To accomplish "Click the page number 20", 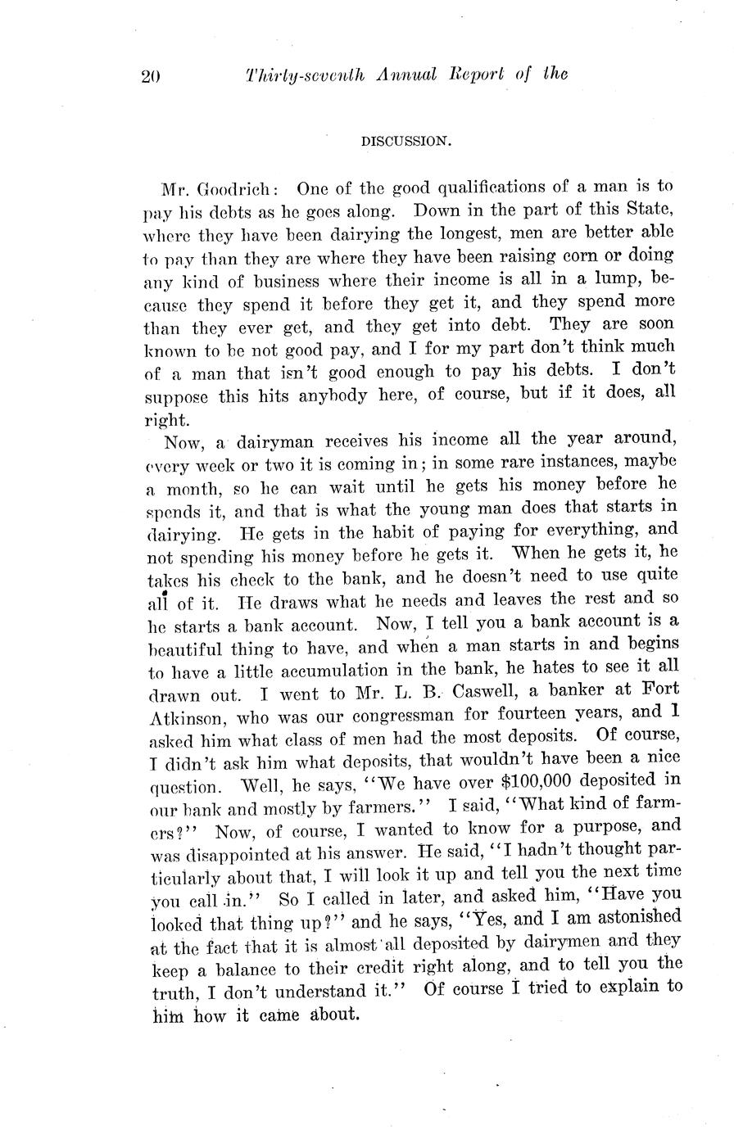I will point(152,76).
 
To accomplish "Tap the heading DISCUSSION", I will point(406,141).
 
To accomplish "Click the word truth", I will point(173,992).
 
